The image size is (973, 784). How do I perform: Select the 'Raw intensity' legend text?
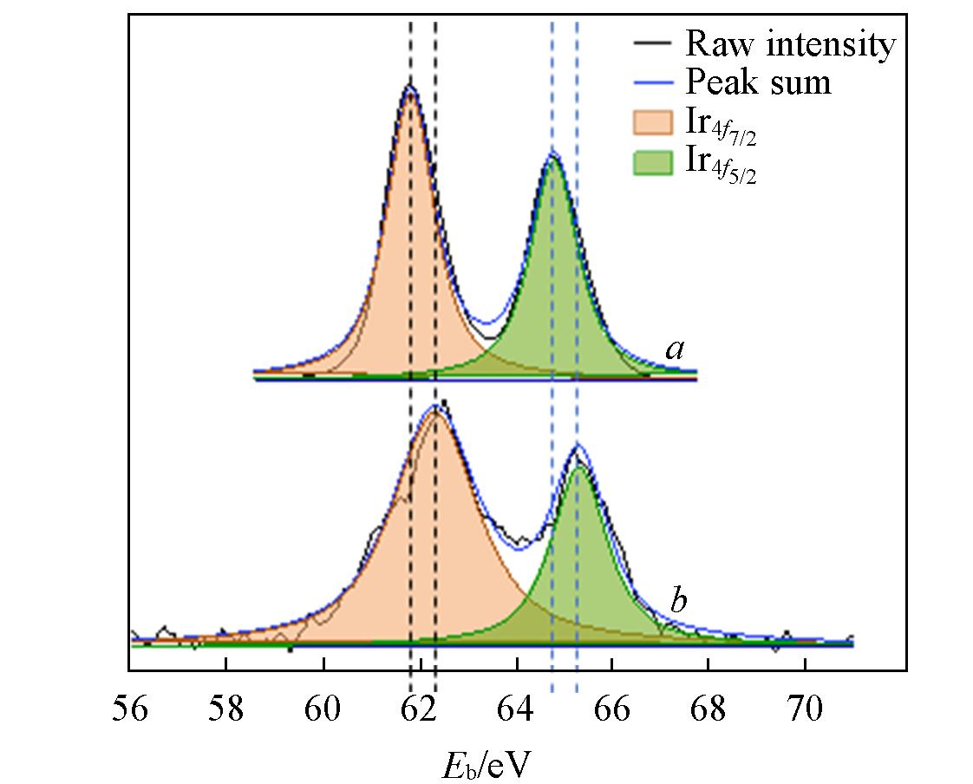click(x=789, y=43)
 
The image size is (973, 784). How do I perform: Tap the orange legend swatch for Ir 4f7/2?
click(x=652, y=122)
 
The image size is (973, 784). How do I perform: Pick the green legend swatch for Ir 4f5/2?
click(x=652, y=162)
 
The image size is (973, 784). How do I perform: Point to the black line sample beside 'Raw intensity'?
click(x=652, y=44)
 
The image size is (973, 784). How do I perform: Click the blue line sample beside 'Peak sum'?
click(x=652, y=82)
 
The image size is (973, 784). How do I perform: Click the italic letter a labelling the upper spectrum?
click(x=674, y=350)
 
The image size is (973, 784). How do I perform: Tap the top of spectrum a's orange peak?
click(x=410, y=88)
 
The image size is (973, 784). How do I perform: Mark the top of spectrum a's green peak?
click(x=553, y=157)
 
